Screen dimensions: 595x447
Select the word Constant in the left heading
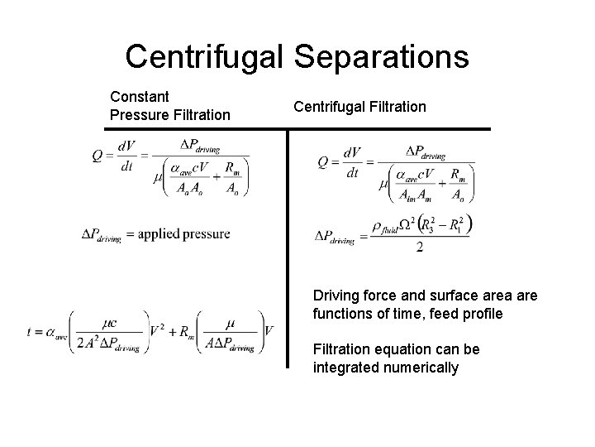pos(139,96)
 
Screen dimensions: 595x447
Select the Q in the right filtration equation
pos(324,162)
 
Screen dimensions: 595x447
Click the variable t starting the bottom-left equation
pos(30,332)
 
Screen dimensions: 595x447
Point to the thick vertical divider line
pos(288,248)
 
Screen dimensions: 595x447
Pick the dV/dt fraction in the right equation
pos(354,162)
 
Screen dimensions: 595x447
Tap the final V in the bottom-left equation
pos(268,331)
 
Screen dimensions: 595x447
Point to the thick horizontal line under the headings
pos(297,129)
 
